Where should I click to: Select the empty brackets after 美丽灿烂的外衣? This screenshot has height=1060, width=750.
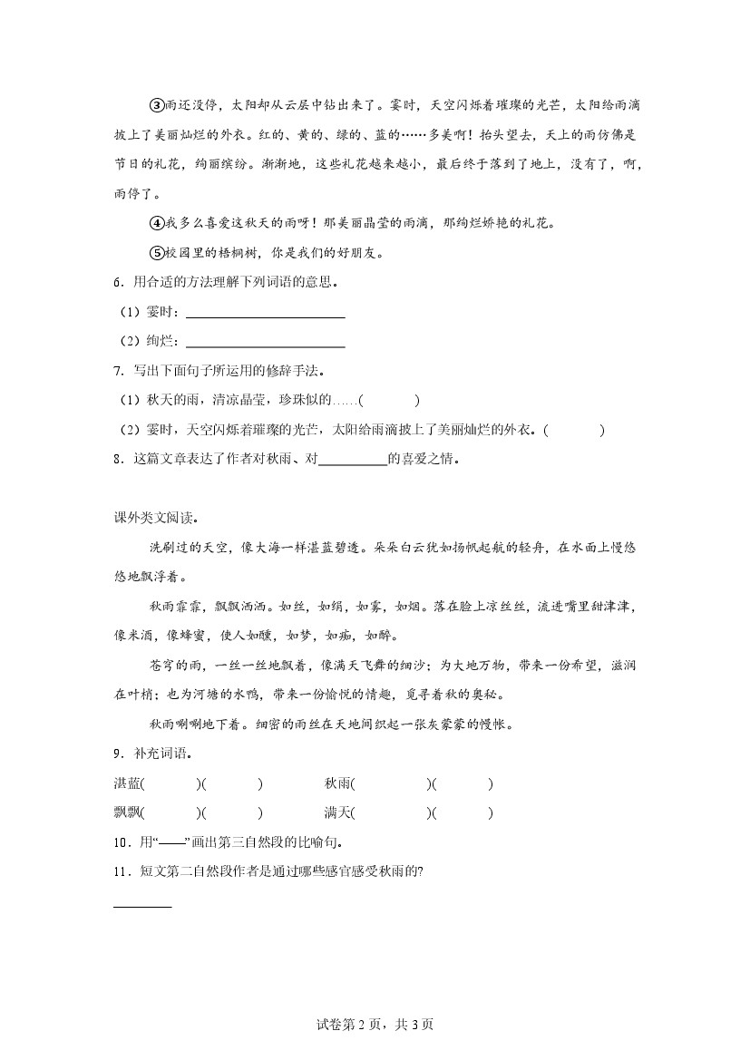[x=575, y=430]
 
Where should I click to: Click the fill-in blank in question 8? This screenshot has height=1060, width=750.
[x=353, y=459]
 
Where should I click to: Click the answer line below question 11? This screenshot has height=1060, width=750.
[x=141, y=905]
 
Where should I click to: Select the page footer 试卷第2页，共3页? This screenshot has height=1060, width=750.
[x=375, y=1025]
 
